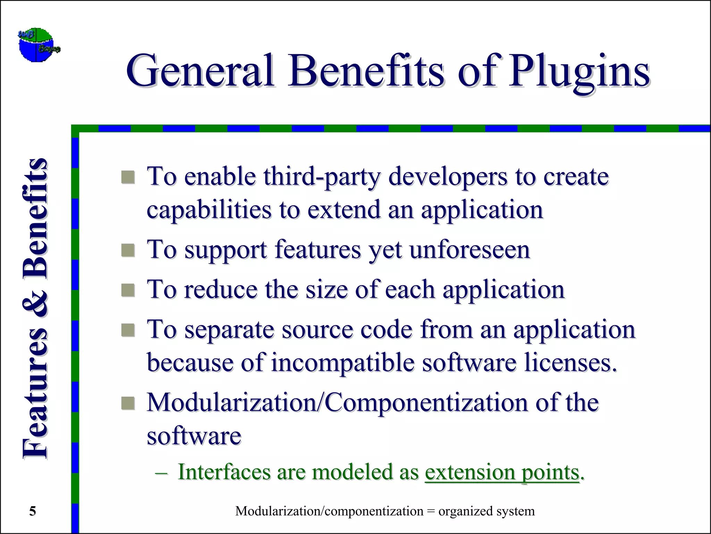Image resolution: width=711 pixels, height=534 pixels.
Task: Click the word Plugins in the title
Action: click(579, 73)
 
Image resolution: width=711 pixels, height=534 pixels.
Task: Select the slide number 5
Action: click(32, 511)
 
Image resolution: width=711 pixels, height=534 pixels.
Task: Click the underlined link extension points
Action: click(502, 473)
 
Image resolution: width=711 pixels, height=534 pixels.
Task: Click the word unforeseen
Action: click(469, 250)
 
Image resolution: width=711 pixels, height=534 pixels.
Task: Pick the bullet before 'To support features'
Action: click(128, 250)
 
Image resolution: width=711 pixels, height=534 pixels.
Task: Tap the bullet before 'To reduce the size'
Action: click(128, 290)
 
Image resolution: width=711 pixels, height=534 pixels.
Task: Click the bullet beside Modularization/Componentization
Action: click(128, 403)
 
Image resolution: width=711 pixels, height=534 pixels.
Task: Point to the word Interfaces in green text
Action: click(224, 473)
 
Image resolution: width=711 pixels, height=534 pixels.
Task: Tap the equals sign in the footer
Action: click(431, 511)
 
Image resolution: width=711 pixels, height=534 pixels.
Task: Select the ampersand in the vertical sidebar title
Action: click(35, 302)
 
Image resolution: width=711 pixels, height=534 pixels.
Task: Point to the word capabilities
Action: click(209, 210)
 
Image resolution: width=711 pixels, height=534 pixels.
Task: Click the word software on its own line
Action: click(194, 436)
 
